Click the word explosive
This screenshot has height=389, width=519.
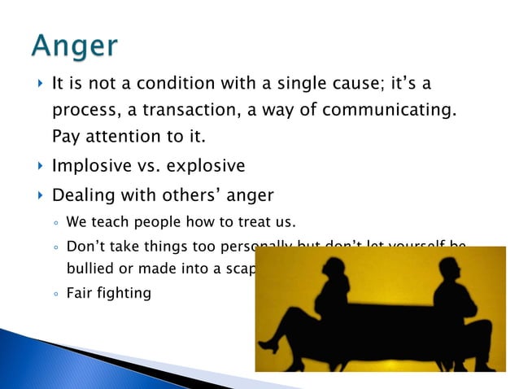click(206, 166)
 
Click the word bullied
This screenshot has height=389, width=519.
click(89, 267)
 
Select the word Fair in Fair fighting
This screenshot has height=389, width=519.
click(80, 291)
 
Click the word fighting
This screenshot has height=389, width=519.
click(124, 292)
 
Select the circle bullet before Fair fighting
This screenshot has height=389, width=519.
click(56, 292)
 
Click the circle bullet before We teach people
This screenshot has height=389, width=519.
click(56, 222)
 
